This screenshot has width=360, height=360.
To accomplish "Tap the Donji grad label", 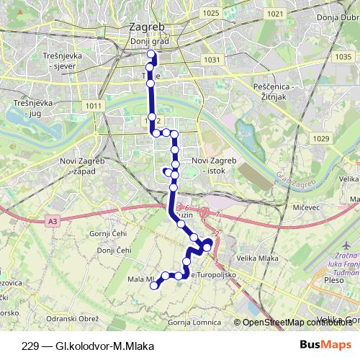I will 150,41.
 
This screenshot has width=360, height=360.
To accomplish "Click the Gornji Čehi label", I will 109,235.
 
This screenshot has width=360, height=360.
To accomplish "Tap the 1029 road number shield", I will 320,137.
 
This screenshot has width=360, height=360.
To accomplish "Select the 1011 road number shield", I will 93,106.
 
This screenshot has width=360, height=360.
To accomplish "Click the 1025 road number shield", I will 211,14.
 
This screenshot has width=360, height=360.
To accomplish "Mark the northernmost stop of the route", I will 150,54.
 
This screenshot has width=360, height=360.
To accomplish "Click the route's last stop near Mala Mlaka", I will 153,286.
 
